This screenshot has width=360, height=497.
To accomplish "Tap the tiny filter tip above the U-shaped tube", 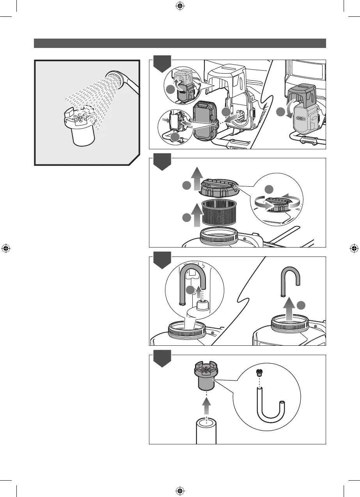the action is pos(258,373).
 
